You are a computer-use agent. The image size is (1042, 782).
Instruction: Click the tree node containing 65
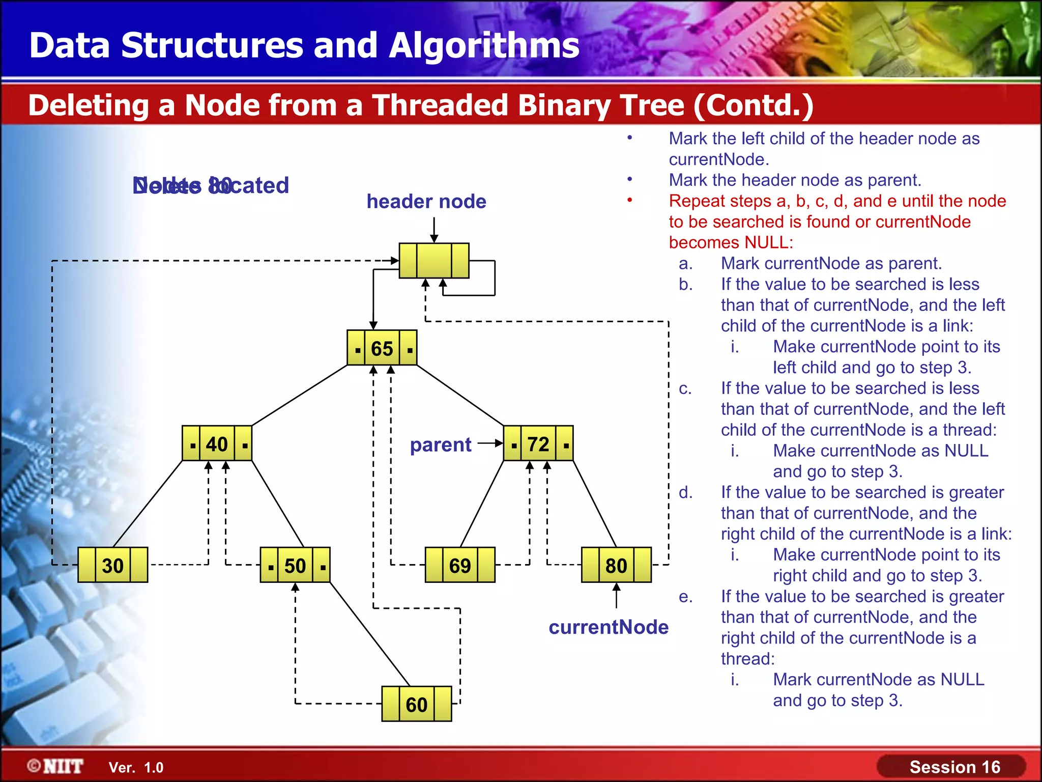click(382, 348)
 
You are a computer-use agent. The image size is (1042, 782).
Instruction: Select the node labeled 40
click(217, 444)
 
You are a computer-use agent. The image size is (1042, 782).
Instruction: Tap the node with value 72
click(538, 444)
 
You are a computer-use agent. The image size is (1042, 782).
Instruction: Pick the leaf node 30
click(112, 565)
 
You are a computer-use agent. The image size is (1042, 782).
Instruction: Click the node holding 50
click(295, 565)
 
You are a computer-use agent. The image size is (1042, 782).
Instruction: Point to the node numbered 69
click(460, 565)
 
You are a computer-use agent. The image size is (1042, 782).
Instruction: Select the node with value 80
click(616, 565)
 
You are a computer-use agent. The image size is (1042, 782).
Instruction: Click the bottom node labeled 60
click(416, 704)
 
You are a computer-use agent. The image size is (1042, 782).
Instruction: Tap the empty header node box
click(433, 261)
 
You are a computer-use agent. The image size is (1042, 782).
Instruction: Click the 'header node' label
click(426, 202)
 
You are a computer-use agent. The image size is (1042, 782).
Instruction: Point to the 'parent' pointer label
click(441, 445)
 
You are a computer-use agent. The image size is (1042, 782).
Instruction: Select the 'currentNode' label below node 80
click(609, 627)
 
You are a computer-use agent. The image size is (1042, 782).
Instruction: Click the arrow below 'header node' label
click(434, 230)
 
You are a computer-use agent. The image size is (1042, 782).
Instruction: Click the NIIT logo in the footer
click(56, 766)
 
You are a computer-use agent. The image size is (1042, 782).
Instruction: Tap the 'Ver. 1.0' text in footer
click(136, 768)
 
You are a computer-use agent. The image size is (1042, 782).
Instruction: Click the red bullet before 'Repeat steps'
click(629, 200)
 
